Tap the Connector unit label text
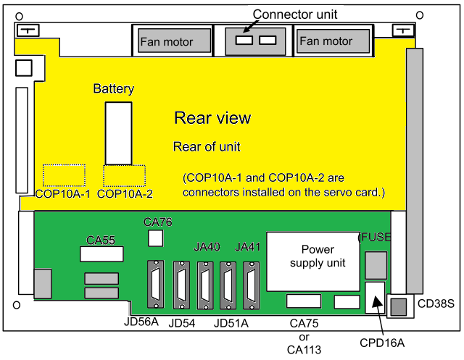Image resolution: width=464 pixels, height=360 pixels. [284, 14]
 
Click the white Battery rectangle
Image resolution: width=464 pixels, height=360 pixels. [118, 133]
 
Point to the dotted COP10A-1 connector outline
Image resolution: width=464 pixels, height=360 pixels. [64, 175]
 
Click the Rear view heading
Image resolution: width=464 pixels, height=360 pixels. [212, 117]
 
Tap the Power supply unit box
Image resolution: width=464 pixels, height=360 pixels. [312, 256]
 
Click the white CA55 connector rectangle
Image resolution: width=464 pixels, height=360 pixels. [101, 254]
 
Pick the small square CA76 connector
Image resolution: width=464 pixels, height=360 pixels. [155, 238]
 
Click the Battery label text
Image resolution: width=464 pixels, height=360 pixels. [114, 89]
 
